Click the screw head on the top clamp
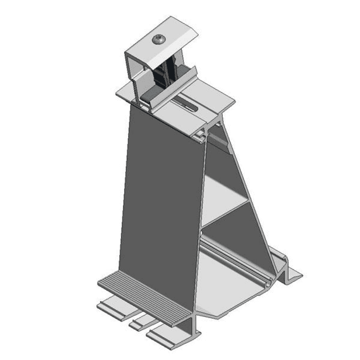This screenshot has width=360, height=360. coord(160,38)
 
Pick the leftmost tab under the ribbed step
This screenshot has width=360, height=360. coord(110,306)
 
